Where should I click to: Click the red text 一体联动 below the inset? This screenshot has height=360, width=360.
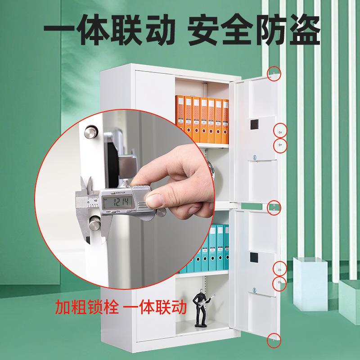click(153, 308)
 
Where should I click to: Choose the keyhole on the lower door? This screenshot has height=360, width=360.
click(254, 290)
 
